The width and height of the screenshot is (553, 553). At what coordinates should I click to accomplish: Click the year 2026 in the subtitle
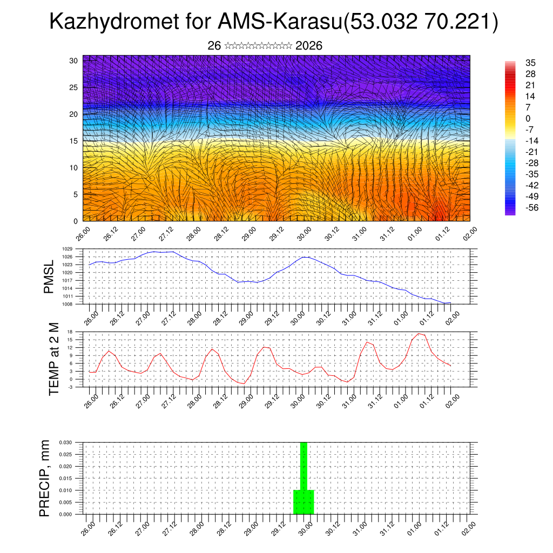(309, 46)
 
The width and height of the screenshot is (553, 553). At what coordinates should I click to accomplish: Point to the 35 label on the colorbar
(530, 63)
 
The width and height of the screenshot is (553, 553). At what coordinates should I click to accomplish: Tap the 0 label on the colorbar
(528, 118)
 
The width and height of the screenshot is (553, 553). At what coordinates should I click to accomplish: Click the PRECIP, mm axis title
(45, 478)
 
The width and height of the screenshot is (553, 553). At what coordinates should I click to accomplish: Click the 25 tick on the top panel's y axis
(74, 87)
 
